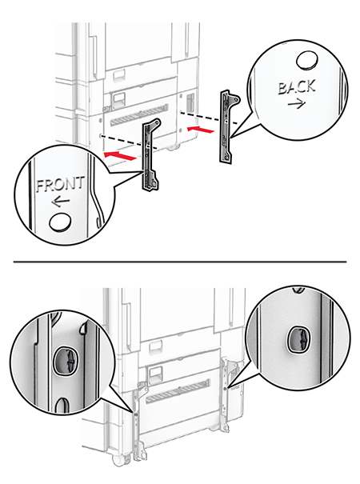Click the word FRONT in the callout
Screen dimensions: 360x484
[60, 184]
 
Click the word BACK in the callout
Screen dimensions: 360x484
[297, 87]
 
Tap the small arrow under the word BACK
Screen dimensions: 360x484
[297, 104]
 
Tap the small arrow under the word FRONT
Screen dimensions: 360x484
[61, 202]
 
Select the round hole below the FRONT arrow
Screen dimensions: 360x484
[61, 222]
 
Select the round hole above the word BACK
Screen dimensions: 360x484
[307, 61]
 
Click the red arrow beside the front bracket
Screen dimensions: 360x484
[120, 155]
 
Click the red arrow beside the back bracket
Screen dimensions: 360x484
[201, 130]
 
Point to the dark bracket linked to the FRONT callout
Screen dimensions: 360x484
[150, 154]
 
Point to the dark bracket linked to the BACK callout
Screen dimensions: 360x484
[229, 126]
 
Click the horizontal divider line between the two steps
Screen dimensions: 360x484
[180, 262]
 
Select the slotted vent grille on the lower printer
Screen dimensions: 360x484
[178, 391]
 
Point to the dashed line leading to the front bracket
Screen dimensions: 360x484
[130, 142]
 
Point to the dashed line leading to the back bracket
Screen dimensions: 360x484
[209, 118]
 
